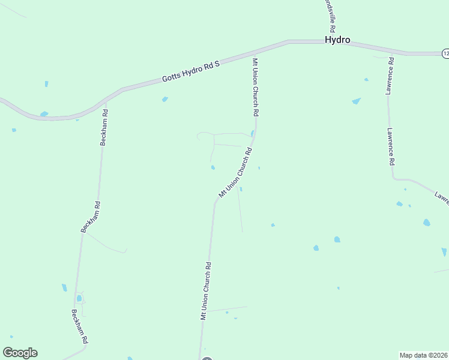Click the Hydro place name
337,40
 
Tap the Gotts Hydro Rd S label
191,71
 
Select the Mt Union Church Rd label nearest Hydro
255,87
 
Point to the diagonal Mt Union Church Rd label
235,173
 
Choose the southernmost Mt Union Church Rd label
206,291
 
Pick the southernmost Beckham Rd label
80,326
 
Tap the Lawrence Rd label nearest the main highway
390,76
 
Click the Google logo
20,353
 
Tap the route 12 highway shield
445,53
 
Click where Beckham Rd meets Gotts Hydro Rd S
107,100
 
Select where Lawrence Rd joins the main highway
390,52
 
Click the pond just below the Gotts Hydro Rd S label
164,99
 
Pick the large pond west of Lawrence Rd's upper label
356,101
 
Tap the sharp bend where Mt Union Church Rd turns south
215,202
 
